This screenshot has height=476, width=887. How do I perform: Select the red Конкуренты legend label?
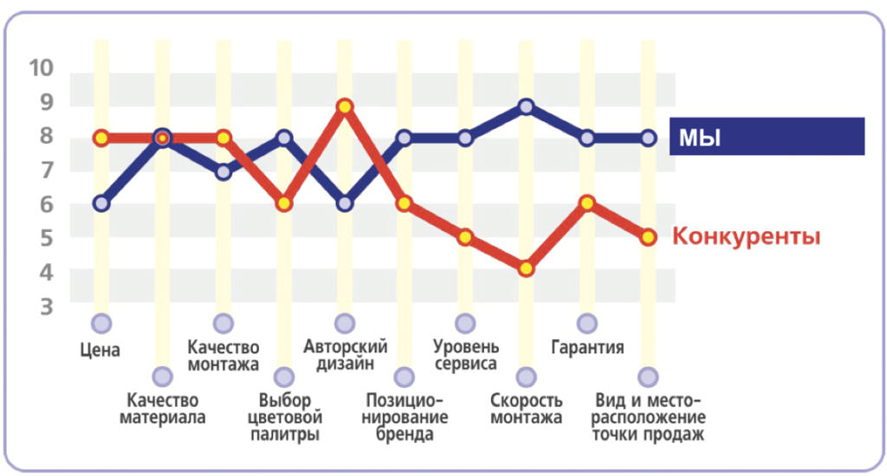pyautogui.click(x=747, y=236)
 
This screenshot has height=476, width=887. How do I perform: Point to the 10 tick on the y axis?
pyautogui.click(x=41, y=68)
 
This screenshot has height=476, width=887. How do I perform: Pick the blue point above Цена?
pyautogui.click(x=101, y=204)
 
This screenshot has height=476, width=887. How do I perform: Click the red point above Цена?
pyautogui.click(x=101, y=138)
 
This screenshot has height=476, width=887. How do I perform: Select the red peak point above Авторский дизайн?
pyautogui.click(x=345, y=106)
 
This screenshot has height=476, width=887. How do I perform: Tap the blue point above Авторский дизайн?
pyautogui.click(x=345, y=204)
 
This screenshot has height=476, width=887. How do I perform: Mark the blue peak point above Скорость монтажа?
pyautogui.click(x=527, y=106)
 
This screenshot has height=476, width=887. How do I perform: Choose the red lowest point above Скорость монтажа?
pyautogui.click(x=527, y=268)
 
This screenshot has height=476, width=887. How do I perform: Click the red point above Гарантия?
pyautogui.click(x=587, y=203)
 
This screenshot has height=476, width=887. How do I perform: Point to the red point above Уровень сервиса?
pyautogui.click(x=466, y=237)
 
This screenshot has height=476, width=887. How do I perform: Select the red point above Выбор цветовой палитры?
pyautogui.click(x=284, y=204)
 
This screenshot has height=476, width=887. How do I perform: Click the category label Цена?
pyautogui.click(x=100, y=351)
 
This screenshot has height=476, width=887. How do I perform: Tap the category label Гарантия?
pyautogui.click(x=587, y=349)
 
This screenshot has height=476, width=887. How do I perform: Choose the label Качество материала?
pyautogui.click(x=163, y=409)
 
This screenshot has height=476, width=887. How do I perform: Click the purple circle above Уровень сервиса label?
pyautogui.click(x=466, y=324)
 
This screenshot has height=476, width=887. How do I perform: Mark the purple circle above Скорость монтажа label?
pyautogui.click(x=527, y=376)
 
